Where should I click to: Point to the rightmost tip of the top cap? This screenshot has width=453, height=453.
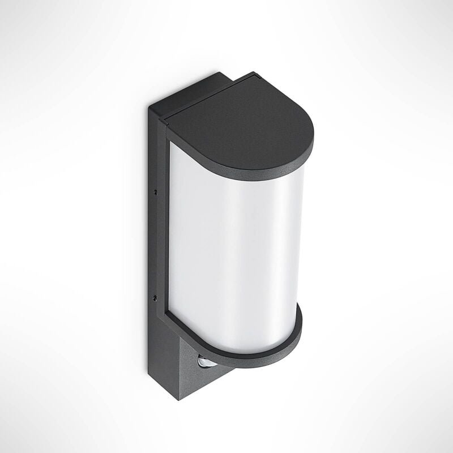(313, 142)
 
